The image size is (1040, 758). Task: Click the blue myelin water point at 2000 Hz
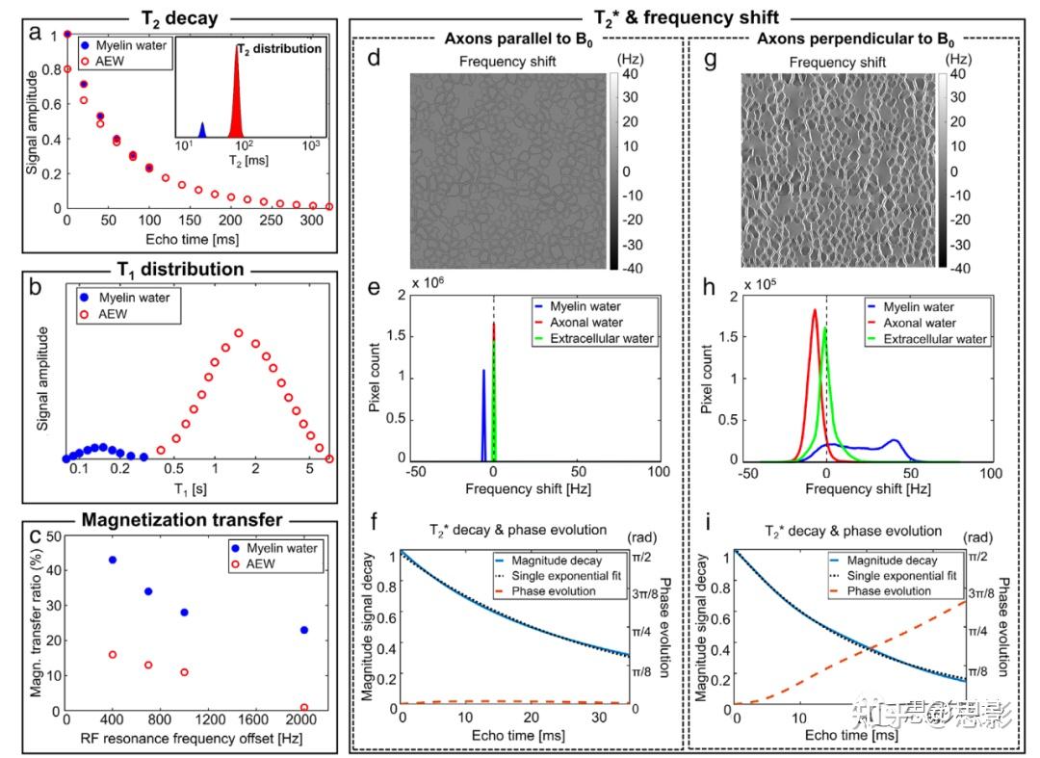click(x=304, y=630)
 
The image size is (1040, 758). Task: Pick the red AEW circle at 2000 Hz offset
click(x=304, y=708)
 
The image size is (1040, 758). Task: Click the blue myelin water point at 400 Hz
click(x=113, y=560)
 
